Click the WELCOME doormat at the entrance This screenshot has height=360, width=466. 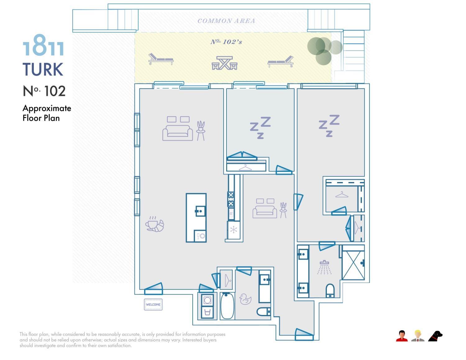pos(153,304)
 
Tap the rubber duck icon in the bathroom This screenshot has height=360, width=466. pos(245,299)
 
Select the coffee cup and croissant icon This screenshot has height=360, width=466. pos(154,224)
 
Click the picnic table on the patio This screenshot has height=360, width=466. pos(225,63)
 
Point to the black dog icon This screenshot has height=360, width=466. pos(436,336)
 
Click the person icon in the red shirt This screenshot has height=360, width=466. pos(402,336)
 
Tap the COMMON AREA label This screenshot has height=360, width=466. pos(226,21)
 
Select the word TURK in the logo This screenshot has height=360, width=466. pos(43,69)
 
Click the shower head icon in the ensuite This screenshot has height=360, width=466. pos(324,267)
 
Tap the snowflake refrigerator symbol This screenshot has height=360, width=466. pos(233,230)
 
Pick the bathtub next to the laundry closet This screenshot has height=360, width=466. pos(227,306)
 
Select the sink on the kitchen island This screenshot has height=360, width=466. pos(200,211)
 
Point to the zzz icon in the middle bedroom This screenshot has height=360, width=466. pos(260,127)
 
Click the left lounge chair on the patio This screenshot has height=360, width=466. pos(161,59)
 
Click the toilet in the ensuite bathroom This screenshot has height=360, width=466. pos(330,291)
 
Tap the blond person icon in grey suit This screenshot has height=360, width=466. pos(418,336)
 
